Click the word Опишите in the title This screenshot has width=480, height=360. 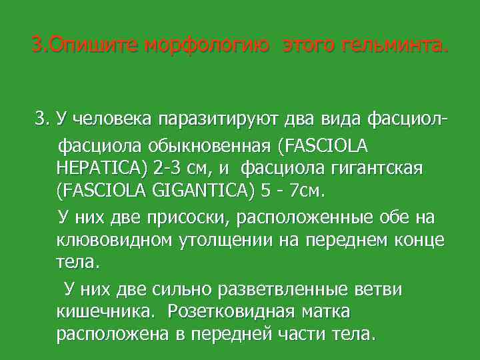point(87,47)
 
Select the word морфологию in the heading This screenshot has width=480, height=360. point(209,47)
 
